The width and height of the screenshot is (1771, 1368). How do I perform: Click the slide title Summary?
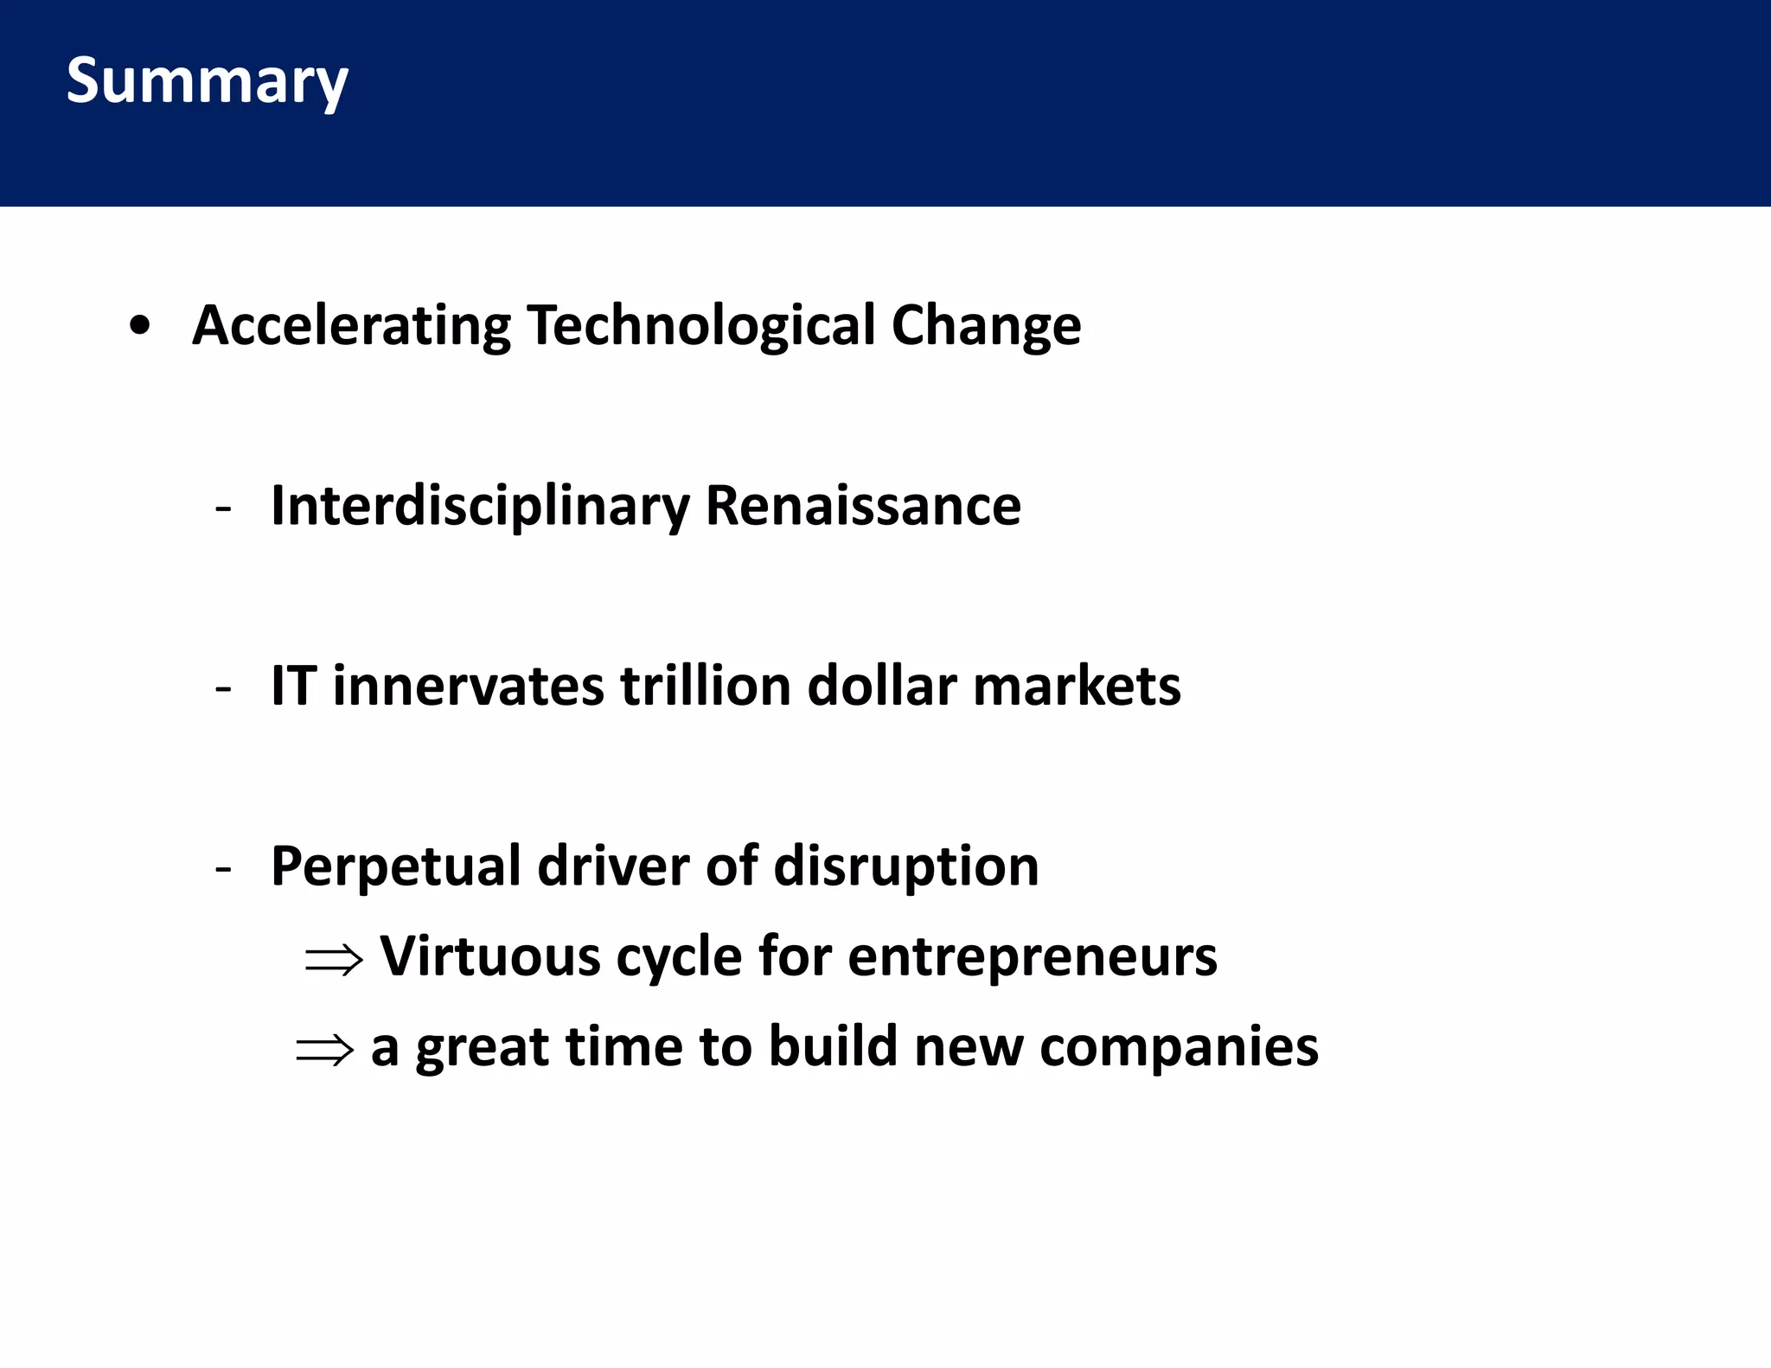[207, 80]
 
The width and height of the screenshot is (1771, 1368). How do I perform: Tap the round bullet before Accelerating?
[139, 327]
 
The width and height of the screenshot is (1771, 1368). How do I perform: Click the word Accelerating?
[351, 326]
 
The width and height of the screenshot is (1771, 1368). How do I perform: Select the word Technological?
[701, 326]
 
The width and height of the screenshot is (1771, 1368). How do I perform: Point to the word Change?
[986, 326]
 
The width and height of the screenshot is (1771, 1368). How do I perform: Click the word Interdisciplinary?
[480, 506]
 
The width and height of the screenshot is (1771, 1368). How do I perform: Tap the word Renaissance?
[863, 506]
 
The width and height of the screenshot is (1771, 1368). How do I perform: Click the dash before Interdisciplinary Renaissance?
[223, 508]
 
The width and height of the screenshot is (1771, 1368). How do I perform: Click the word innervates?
[468, 686]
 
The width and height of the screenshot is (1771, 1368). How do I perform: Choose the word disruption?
[905, 866]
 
